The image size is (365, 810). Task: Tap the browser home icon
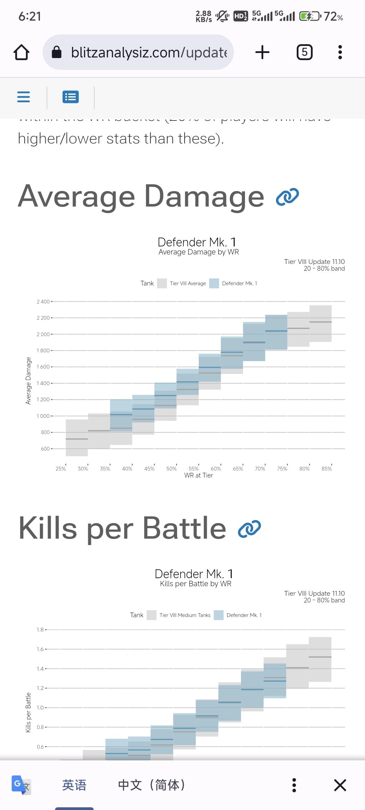click(x=21, y=52)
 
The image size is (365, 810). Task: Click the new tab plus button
click(x=262, y=52)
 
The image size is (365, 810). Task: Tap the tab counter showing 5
click(x=305, y=52)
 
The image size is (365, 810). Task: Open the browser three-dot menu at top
click(x=340, y=52)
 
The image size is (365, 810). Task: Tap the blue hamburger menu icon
click(x=24, y=97)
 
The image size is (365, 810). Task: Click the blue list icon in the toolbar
click(x=71, y=97)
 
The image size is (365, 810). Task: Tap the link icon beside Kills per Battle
click(x=249, y=529)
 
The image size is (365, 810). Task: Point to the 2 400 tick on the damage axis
click(x=43, y=301)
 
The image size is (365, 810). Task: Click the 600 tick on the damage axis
click(x=45, y=449)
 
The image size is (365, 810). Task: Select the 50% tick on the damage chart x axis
click(x=171, y=468)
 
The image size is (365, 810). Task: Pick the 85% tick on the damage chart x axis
click(x=326, y=468)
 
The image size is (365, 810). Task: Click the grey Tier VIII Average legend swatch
click(x=162, y=283)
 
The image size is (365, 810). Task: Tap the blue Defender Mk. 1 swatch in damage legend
click(x=214, y=283)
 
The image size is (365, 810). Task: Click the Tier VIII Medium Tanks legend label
click(x=185, y=615)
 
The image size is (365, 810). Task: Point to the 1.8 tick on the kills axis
click(x=40, y=629)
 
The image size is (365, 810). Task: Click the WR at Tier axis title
click(x=198, y=476)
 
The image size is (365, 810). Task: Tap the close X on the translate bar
click(x=340, y=785)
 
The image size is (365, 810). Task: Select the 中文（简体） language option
click(x=152, y=785)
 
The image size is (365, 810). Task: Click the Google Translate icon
click(x=21, y=785)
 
